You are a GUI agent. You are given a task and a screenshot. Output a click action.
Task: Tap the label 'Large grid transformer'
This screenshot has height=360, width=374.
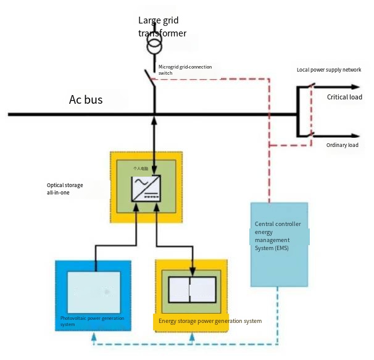coord(162,27)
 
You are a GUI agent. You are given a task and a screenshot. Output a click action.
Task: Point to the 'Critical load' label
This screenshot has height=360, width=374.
coord(344,97)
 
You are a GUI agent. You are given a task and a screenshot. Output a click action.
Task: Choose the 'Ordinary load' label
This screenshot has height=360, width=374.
coord(342,145)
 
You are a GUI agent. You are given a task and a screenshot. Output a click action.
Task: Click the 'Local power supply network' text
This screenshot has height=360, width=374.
coord(328,70)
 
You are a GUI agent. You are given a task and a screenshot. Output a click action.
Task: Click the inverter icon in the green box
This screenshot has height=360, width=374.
coord(146,188)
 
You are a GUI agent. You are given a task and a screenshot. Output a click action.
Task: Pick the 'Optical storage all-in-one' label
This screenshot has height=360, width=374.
coord(65,189)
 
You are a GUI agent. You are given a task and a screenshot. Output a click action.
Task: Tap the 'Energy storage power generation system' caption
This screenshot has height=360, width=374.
coord(210,321)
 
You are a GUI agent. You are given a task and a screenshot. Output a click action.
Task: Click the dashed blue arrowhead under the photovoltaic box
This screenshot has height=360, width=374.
coord(93,337)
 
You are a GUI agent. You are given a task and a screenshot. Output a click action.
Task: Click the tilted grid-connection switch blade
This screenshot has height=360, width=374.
coord(149,79)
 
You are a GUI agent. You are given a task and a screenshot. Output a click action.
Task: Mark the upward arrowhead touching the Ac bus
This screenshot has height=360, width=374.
coord(154,120)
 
